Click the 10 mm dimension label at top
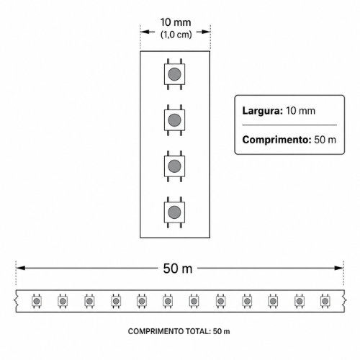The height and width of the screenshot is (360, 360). (176, 22)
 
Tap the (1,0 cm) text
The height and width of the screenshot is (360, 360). (176, 35)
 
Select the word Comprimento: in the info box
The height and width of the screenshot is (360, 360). (276, 140)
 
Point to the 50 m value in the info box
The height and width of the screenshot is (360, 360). (325, 140)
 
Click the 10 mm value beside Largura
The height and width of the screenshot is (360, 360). (300, 111)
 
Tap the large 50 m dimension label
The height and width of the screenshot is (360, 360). (178, 269)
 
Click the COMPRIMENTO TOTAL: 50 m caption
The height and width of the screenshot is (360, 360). (179, 331)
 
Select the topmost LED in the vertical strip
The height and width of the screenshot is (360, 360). (174, 74)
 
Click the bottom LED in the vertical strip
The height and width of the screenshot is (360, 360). (174, 212)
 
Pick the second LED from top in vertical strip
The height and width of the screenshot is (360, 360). (174, 120)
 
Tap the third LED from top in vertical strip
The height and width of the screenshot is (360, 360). (174, 166)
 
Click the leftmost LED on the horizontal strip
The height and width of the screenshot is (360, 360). (37, 301)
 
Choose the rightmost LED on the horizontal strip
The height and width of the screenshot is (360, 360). (325, 301)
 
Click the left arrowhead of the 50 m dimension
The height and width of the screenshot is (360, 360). (21, 268)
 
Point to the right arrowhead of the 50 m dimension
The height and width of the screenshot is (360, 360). (339, 268)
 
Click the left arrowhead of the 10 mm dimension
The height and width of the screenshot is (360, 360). (145, 32)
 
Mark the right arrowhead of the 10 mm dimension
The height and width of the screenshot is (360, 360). (206, 32)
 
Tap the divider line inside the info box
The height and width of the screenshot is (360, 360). (289, 125)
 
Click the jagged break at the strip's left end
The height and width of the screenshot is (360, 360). (16, 301)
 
